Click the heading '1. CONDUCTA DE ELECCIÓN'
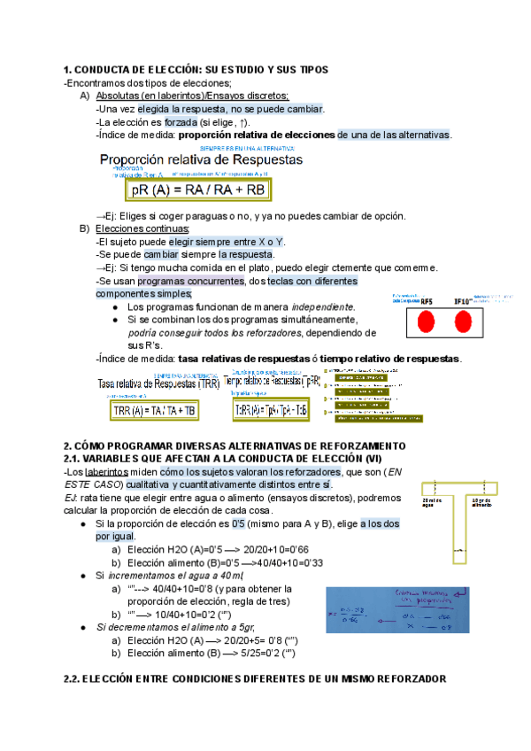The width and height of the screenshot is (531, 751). [x=196, y=69]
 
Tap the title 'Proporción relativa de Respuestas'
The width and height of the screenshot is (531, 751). [x=201, y=160]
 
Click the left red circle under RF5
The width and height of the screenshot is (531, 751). [x=427, y=321]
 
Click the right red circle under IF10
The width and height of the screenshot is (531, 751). [x=462, y=321]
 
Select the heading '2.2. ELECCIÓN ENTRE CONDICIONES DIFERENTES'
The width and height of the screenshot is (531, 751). [x=256, y=678]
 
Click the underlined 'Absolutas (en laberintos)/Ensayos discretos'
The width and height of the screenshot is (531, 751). [x=192, y=96]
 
